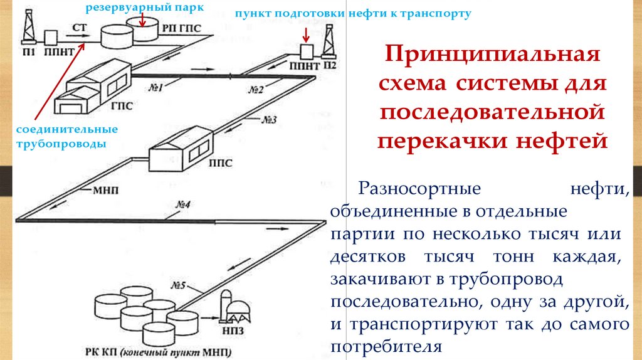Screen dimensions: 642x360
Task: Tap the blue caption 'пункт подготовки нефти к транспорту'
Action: pos(352,13)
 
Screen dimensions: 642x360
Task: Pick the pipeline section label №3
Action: pos(270,120)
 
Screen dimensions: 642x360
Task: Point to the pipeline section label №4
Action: pos(182,205)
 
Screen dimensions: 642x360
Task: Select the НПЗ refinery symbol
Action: pos(235,307)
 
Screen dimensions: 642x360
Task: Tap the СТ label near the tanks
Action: pos(79,28)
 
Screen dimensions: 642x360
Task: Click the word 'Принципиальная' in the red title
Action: pos(492,54)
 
